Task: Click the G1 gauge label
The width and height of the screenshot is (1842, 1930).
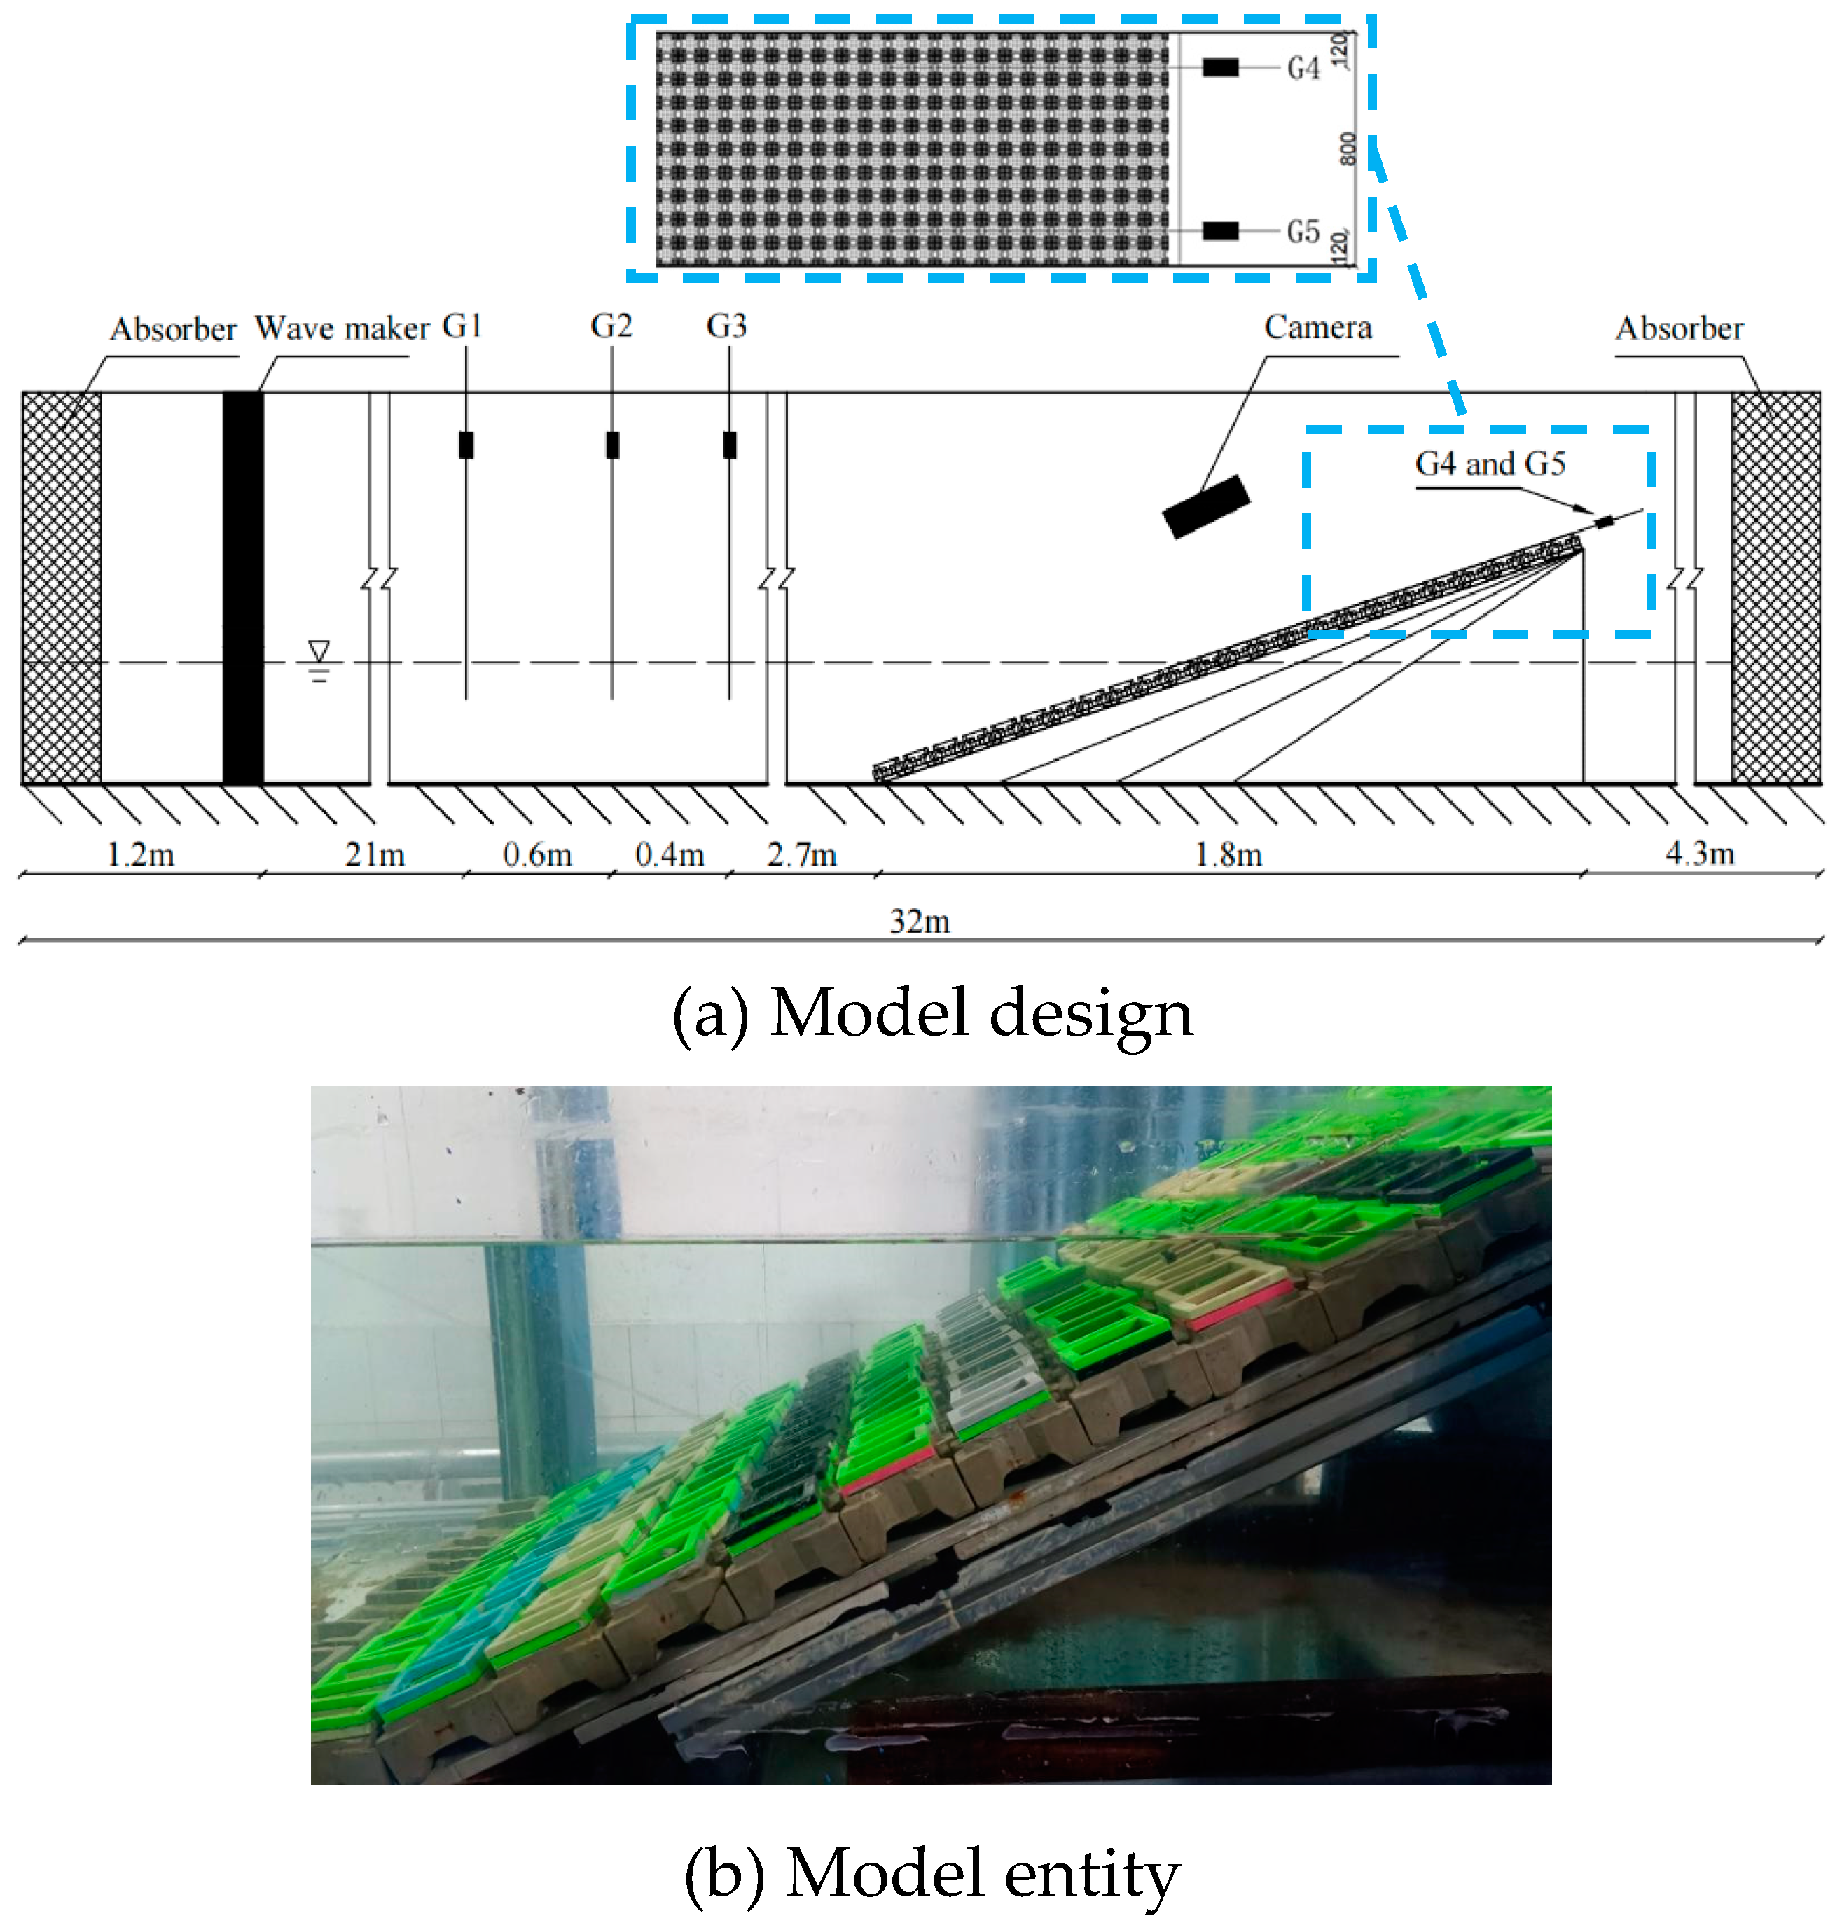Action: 462,326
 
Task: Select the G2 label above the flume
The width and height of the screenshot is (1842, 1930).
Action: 611,326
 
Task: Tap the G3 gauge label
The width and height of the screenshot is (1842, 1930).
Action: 726,326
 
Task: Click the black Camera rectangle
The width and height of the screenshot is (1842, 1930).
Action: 1206,506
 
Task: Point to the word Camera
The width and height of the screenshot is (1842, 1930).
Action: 1317,327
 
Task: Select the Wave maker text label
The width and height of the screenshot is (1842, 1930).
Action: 342,328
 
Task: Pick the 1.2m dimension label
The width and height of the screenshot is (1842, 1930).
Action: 140,855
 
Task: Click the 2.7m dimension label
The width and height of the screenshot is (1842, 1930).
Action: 801,855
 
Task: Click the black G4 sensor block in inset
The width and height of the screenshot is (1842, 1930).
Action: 1221,67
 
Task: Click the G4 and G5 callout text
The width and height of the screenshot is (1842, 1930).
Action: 1490,464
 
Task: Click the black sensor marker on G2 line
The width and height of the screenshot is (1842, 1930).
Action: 611,445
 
